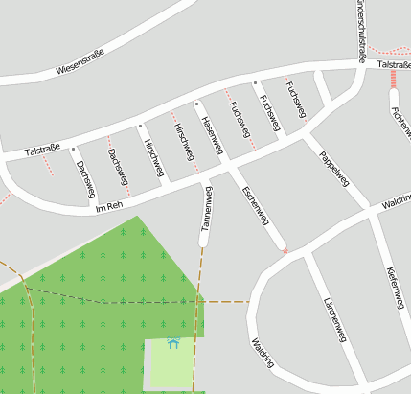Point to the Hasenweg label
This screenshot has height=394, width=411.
click(x=212, y=135)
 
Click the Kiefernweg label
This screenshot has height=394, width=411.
click(x=395, y=288)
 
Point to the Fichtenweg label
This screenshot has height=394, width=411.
click(x=401, y=119)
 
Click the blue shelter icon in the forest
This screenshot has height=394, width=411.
click(x=173, y=342)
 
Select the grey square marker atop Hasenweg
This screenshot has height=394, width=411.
click(x=196, y=103)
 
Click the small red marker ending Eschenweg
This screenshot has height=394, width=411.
click(x=284, y=250)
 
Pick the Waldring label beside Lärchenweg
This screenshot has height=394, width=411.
click(x=262, y=353)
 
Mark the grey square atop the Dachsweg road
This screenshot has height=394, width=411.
click(x=73, y=149)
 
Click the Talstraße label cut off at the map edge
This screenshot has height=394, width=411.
click(x=393, y=64)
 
